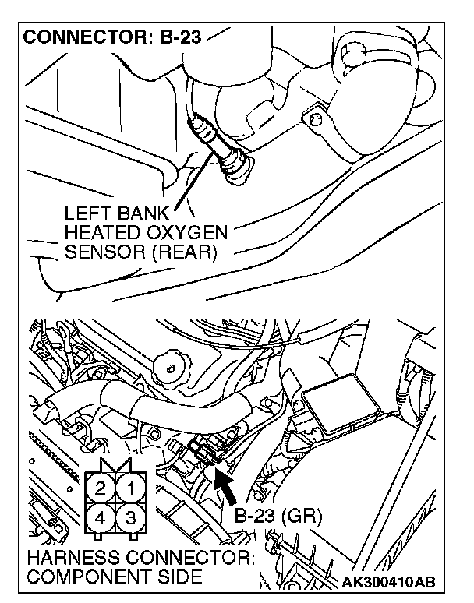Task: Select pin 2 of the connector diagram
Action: click(101, 490)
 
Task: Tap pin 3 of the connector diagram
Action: click(131, 517)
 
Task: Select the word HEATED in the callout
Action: click(99, 232)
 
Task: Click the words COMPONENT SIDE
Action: click(113, 577)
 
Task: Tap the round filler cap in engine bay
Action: click(171, 364)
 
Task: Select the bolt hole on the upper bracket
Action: click(315, 119)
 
